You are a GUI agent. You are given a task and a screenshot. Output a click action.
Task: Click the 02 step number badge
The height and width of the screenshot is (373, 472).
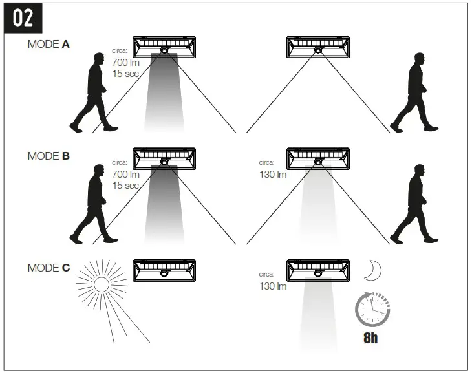[23, 17]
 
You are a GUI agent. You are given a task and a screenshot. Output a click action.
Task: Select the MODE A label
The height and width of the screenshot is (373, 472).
[48, 45]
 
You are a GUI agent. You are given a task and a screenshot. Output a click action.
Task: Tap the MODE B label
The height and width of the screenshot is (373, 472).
[48, 156]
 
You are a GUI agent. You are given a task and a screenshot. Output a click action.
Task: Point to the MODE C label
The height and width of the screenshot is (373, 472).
[48, 267]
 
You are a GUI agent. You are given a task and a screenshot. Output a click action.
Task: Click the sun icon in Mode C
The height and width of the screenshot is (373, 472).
[102, 284]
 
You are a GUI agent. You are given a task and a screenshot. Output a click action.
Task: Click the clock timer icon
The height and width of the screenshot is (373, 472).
[373, 310]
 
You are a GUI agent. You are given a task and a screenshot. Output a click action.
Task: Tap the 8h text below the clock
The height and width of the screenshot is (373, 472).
[370, 338]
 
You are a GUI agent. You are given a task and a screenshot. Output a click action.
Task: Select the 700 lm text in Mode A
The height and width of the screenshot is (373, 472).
[125, 63]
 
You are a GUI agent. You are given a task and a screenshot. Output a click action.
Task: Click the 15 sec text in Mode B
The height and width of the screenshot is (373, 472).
[125, 186]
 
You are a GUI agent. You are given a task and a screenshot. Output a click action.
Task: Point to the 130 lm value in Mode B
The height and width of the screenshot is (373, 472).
[273, 175]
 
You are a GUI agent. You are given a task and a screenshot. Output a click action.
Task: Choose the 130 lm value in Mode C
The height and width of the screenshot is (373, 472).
[273, 286]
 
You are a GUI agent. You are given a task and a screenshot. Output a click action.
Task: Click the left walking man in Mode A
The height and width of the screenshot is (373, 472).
[94, 92]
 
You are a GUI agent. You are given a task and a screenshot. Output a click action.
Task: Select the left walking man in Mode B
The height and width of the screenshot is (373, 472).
[94, 204]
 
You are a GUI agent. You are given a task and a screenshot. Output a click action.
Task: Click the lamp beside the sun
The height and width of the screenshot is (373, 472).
[164, 269]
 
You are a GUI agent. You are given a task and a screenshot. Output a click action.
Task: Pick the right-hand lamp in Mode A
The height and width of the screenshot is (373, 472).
[318, 47]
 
